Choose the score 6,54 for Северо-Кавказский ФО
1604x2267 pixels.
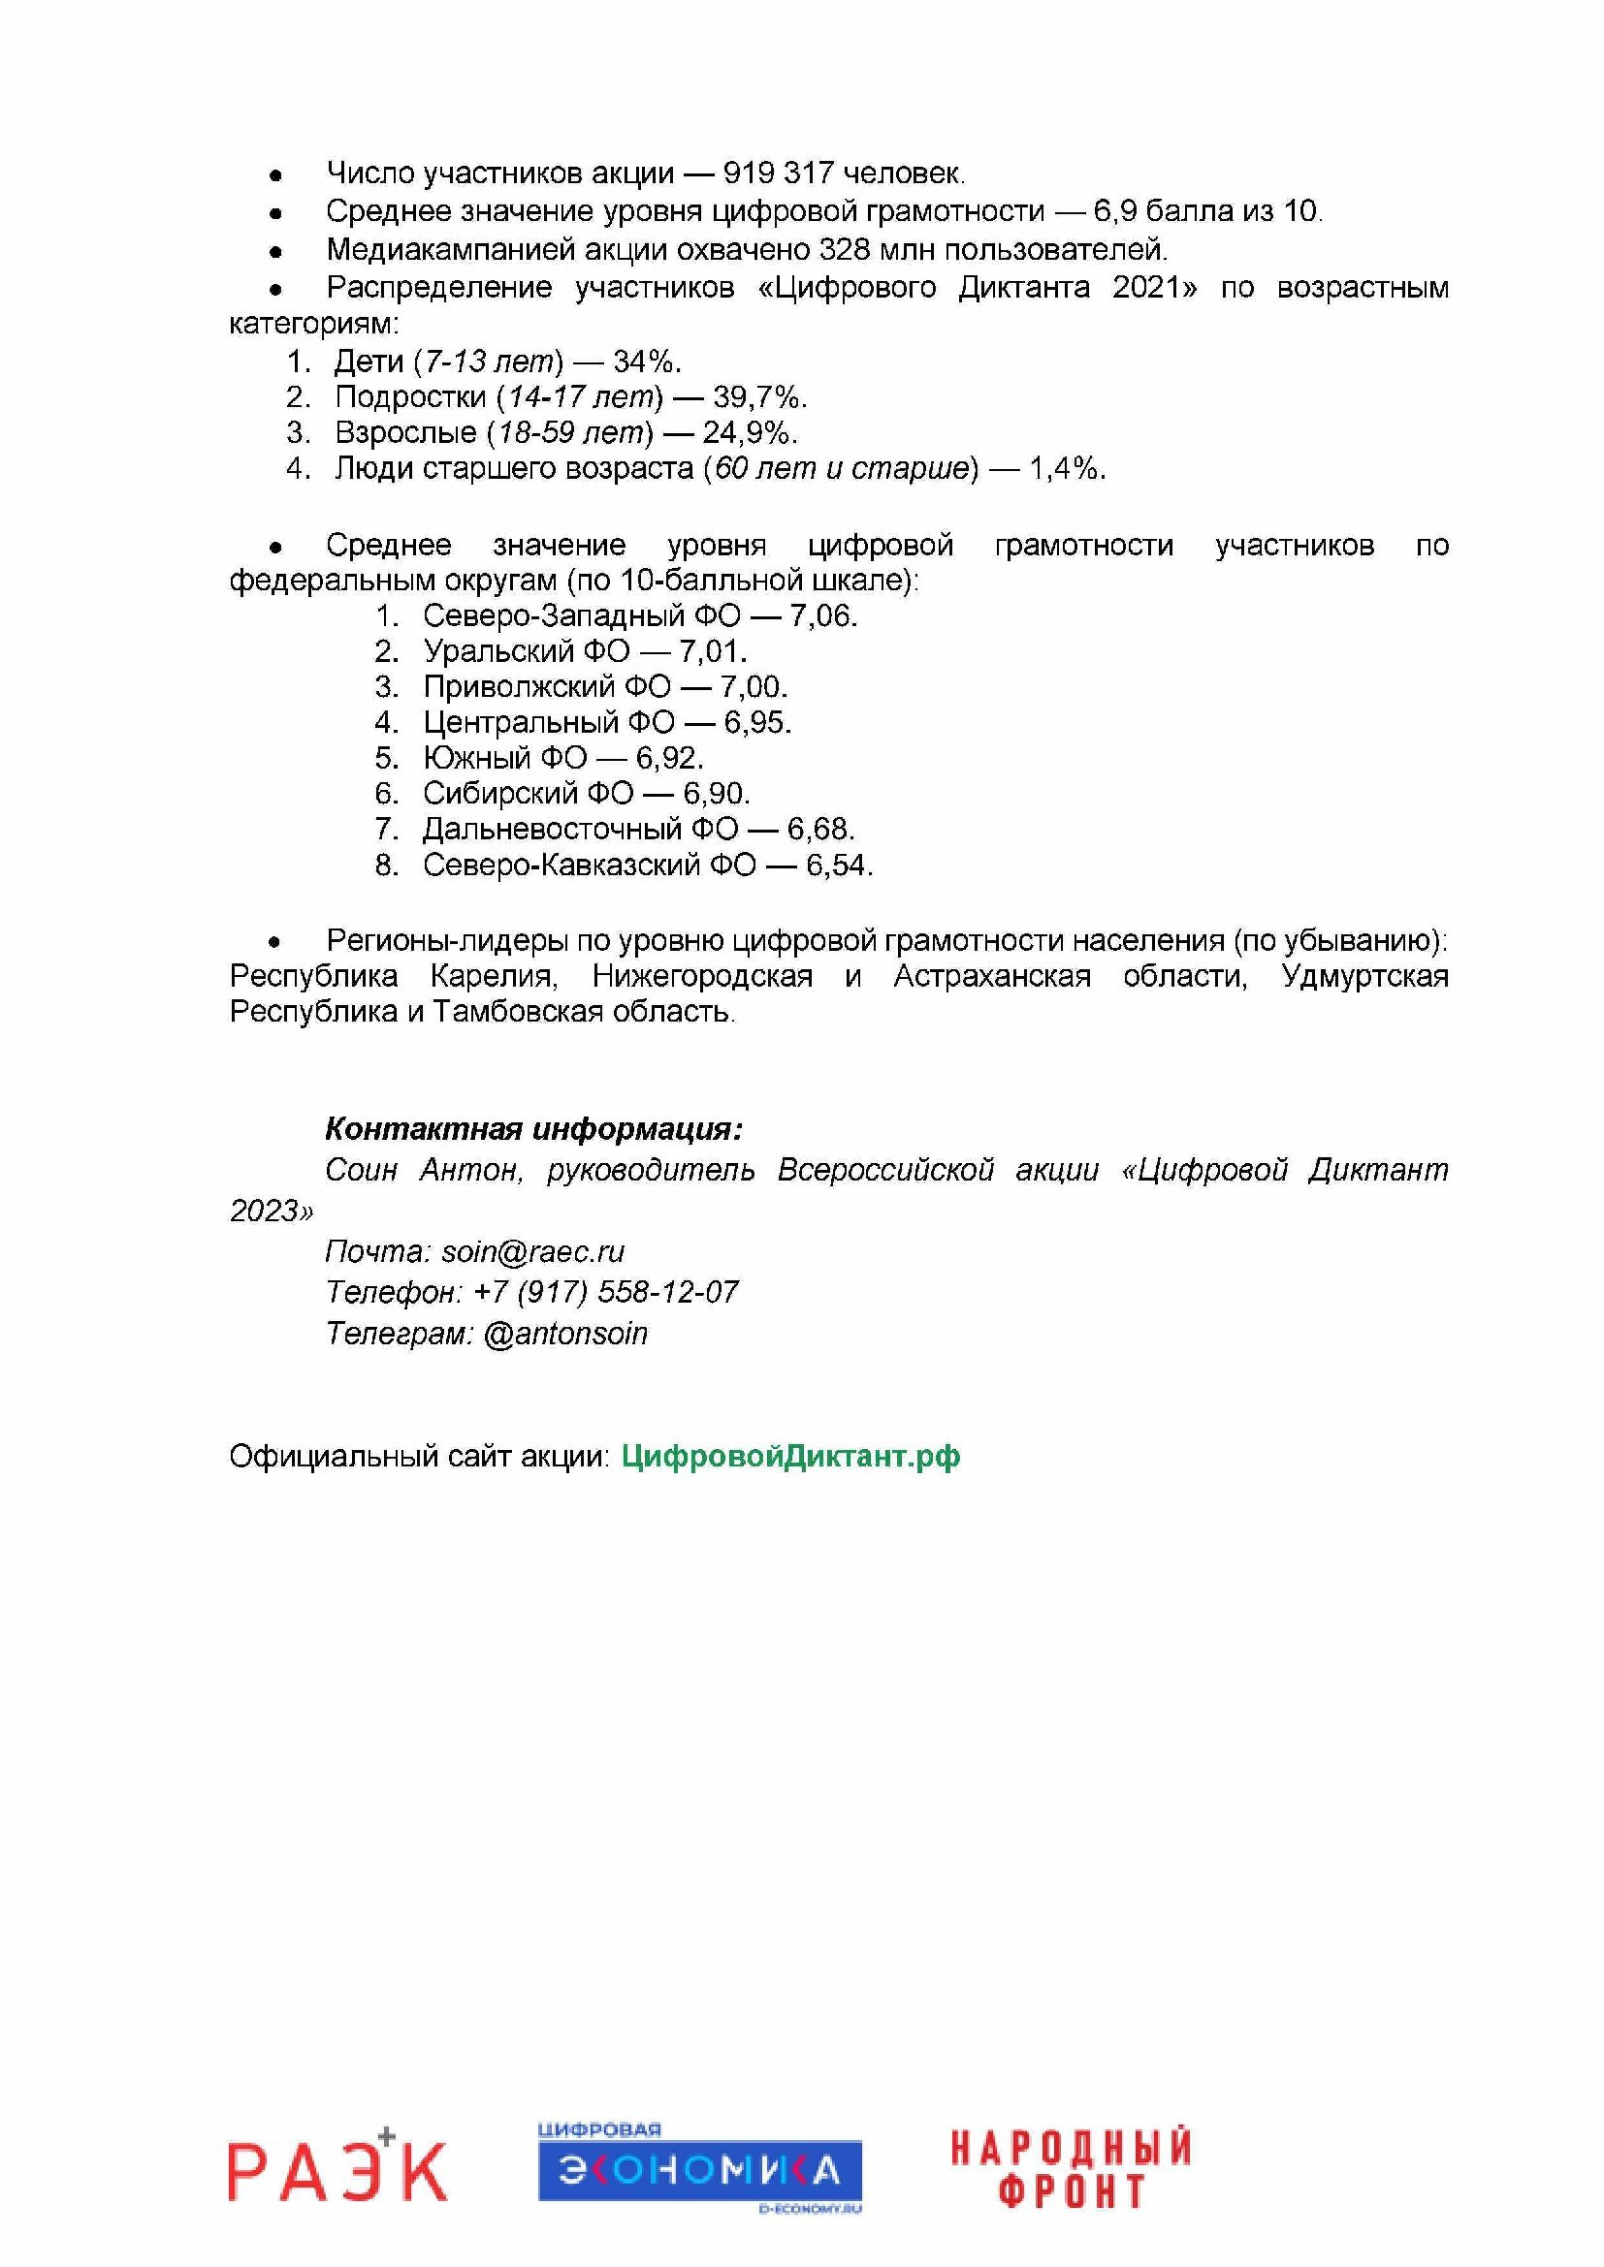click(x=839, y=865)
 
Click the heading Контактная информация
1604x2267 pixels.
click(x=533, y=1128)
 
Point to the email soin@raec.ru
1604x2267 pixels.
click(x=532, y=1252)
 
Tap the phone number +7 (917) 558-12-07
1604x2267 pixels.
click(x=605, y=1293)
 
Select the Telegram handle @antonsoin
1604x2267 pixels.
click(x=565, y=1334)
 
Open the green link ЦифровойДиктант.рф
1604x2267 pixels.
click(x=790, y=1457)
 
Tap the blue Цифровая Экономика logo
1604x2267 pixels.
click(x=699, y=2169)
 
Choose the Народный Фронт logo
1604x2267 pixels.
click(x=1071, y=2168)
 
